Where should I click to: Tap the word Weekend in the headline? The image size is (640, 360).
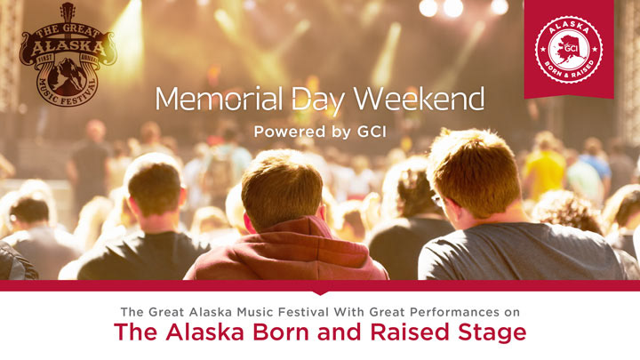click(419, 99)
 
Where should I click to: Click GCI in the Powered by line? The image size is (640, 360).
click(372, 132)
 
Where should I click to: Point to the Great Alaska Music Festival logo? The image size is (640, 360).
click(68, 55)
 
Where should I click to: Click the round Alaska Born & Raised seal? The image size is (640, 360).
click(569, 50)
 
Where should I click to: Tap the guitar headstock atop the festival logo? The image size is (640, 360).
click(68, 12)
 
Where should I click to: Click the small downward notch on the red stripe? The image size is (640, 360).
click(320, 292)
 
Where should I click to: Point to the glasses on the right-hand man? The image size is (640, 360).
click(437, 200)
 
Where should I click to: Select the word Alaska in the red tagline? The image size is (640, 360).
click(205, 332)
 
